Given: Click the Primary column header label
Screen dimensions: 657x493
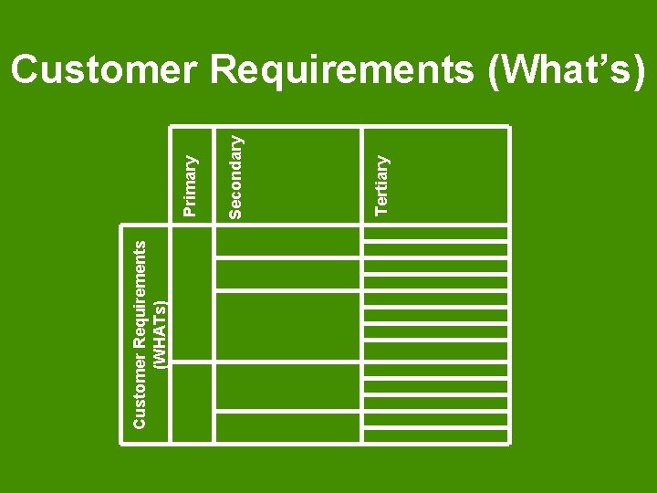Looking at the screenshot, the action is (x=190, y=185).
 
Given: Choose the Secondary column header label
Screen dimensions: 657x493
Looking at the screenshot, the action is (x=235, y=177).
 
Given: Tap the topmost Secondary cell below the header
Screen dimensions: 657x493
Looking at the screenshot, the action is (x=288, y=242).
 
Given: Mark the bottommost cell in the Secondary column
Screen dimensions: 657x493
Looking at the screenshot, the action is (x=288, y=428).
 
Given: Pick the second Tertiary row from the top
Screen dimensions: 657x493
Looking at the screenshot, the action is (x=435, y=246).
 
